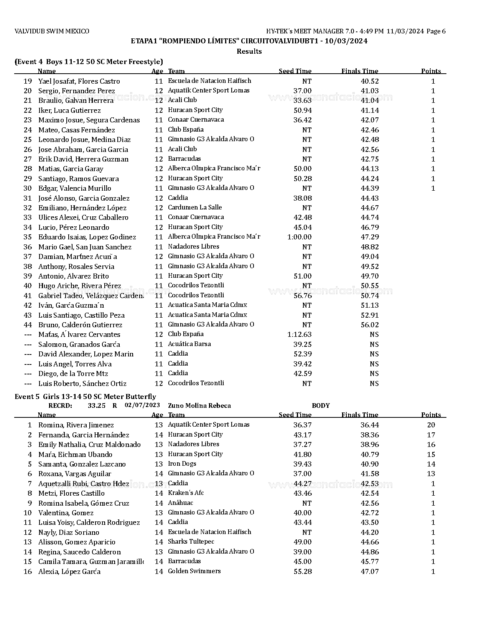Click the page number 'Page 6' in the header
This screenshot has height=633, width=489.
click(436, 31)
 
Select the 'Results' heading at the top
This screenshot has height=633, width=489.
click(249, 51)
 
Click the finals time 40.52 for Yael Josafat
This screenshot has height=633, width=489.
click(369, 81)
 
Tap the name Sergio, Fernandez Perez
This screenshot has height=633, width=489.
click(76, 91)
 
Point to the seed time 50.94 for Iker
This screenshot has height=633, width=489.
click(302, 110)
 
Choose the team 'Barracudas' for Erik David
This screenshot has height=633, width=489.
click(184, 159)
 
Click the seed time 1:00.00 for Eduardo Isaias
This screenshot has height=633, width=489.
click(299, 237)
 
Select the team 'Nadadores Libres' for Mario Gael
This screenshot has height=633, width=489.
click(193, 247)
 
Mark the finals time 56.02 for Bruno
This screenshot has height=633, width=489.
click(369, 325)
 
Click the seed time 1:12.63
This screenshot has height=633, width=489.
click(299, 335)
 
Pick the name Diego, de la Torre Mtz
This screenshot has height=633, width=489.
click(73, 374)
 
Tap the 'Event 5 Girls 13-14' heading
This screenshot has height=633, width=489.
click(85, 397)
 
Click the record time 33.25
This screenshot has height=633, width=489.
click(96, 406)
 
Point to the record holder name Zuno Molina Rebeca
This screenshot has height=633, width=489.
click(199, 406)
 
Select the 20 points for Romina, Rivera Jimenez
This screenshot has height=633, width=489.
click(431, 425)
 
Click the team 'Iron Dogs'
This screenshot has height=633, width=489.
click(182, 464)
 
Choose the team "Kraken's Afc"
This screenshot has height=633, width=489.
click(186, 493)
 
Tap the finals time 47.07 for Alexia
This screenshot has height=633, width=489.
click(369, 572)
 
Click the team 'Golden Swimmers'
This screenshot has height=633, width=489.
click(194, 571)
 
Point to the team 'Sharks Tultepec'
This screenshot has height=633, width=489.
click(191, 542)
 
